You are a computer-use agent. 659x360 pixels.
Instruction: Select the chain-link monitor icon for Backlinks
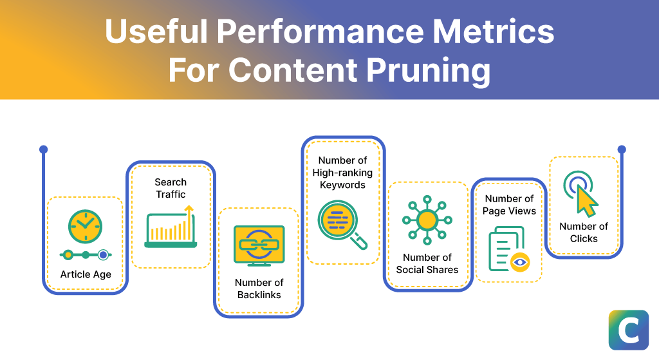tap(259, 245)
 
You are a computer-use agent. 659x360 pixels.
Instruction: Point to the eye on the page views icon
tap(519, 261)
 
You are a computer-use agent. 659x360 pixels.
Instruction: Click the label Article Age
tap(86, 274)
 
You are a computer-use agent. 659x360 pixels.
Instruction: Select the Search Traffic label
tap(171, 188)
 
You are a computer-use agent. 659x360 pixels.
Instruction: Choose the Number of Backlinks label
tap(259, 289)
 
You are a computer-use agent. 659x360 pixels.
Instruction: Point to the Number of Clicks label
tap(584, 232)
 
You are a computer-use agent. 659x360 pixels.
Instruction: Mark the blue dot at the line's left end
tap(43, 149)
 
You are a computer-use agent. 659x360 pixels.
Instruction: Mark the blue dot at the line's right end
tap(622, 149)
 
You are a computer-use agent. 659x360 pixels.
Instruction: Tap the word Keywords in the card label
tap(342, 185)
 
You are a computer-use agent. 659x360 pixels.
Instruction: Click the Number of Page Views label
tap(510, 205)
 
